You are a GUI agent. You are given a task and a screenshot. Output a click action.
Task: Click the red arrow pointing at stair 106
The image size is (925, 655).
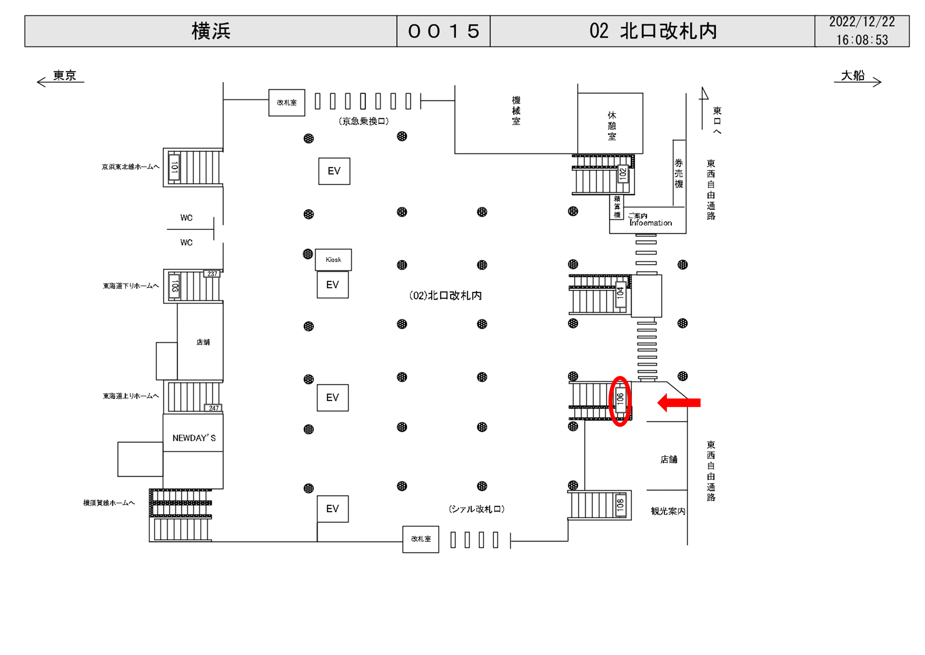click(x=679, y=402)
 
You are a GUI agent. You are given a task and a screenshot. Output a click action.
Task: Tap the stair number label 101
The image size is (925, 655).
click(x=174, y=167)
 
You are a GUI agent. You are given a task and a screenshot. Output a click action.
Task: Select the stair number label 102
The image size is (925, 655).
click(x=623, y=174)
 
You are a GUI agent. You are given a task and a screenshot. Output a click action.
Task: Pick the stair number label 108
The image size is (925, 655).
click(x=620, y=505)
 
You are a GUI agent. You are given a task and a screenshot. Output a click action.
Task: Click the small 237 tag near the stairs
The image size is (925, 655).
click(x=212, y=274)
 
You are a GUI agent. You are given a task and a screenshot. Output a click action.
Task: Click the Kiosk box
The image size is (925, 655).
click(x=333, y=260)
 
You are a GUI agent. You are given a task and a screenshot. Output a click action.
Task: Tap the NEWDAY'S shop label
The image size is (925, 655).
click(x=194, y=438)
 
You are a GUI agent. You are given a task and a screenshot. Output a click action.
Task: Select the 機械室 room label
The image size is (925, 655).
click(x=516, y=111)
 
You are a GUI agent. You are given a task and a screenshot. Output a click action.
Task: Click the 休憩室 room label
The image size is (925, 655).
click(x=612, y=126)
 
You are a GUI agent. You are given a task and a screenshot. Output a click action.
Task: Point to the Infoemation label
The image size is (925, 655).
click(x=651, y=223)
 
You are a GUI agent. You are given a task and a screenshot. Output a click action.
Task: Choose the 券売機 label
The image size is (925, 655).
click(x=679, y=173)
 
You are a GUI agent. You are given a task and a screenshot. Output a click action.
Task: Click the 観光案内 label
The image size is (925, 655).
click(x=668, y=511)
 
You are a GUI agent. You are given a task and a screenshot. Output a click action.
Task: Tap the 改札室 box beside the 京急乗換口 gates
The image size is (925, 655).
click(x=287, y=103)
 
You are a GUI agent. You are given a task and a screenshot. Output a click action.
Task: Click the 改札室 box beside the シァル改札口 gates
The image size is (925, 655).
click(x=421, y=539)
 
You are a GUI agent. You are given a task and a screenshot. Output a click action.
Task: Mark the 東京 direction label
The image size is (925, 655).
click(x=64, y=76)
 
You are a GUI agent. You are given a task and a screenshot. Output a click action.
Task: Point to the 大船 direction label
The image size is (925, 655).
click(x=853, y=76)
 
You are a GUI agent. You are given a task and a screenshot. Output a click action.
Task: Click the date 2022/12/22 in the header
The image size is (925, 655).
click(x=862, y=22)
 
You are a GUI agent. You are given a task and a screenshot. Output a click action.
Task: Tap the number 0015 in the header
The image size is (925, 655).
click(x=443, y=31)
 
